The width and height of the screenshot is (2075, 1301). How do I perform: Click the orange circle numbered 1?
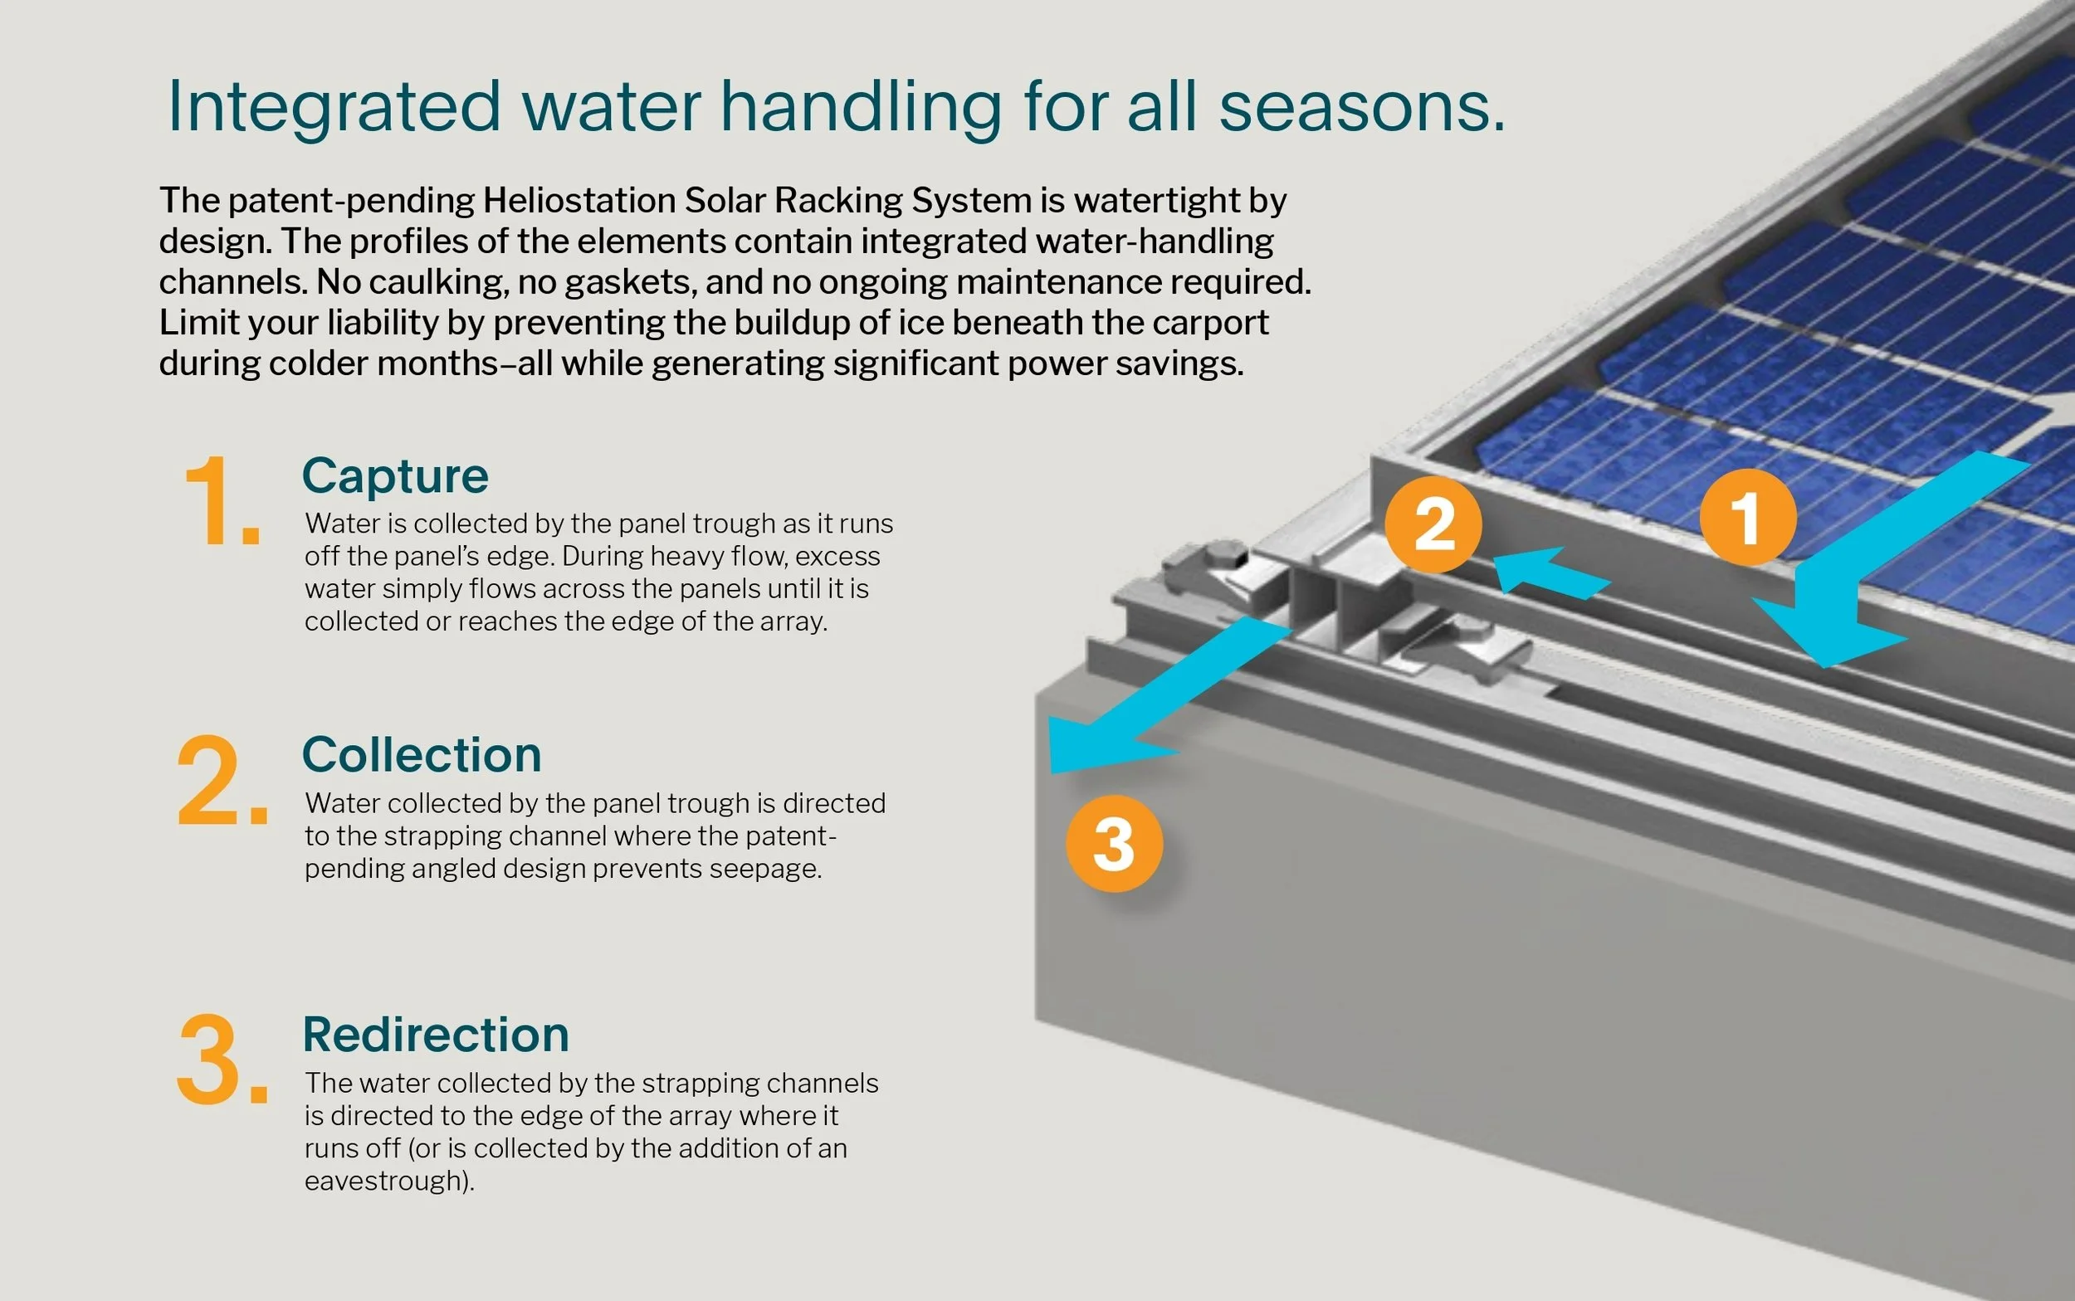1747,517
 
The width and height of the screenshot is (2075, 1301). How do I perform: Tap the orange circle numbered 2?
1433,524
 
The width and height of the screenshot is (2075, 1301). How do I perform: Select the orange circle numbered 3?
1114,843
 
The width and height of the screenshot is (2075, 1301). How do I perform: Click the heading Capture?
395,475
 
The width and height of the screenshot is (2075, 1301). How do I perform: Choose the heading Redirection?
436,1035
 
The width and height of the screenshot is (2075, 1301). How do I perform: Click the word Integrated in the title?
333,107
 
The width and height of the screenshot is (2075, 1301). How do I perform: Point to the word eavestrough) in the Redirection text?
389,1181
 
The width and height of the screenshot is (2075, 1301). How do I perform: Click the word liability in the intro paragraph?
383,323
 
